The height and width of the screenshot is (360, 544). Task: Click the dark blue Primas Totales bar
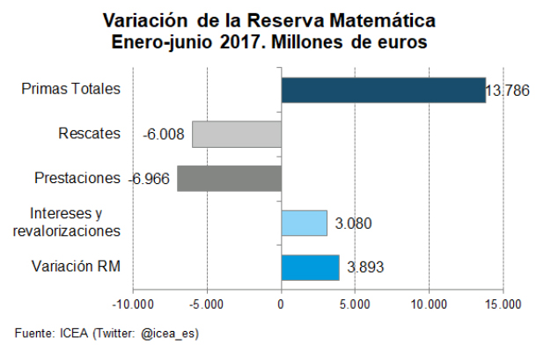click(383, 90)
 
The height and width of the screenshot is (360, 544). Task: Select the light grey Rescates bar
click(237, 135)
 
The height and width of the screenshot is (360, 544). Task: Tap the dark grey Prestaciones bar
click(229, 179)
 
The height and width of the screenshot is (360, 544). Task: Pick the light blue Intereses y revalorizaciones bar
click(304, 223)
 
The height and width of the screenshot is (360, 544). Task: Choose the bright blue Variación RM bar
click(310, 267)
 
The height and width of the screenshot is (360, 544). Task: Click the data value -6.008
click(163, 135)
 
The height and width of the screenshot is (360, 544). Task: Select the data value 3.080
click(353, 224)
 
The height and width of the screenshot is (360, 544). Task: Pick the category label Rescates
click(89, 134)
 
